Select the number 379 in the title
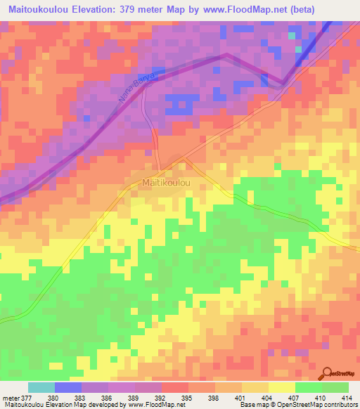[x=134, y=9]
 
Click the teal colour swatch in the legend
[x=41, y=387]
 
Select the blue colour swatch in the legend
[x=67, y=387]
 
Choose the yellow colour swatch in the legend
[x=281, y=387]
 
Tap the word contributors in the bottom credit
[x=340, y=405]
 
